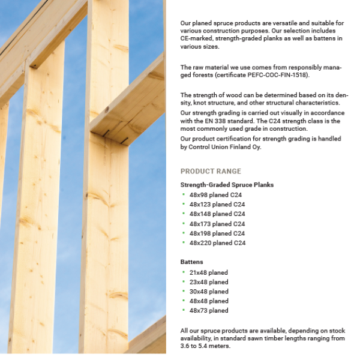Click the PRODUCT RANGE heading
pyautogui.click(x=211, y=171)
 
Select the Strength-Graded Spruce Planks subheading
pyautogui.click(x=227, y=185)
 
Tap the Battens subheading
pyautogui.click(x=192, y=262)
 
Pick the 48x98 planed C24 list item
pyautogui.click(x=217, y=194)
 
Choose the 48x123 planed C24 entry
pyautogui.click(x=217, y=204)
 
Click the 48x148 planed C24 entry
pyautogui.click(x=217, y=214)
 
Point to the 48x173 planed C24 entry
pyautogui.click(x=217, y=224)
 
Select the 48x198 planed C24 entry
pyautogui.click(x=217, y=233)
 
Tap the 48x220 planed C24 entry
pyautogui.click(x=217, y=243)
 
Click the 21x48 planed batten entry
pyautogui.click(x=209, y=272)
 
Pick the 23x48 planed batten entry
pyautogui.click(x=209, y=282)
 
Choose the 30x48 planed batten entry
pyautogui.click(x=209, y=292)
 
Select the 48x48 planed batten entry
pyautogui.click(x=209, y=301)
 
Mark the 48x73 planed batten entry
pyautogui.click(x=209, y=311)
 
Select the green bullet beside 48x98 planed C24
pyautogui.click(x=183, y=194)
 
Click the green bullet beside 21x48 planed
pyautogui.click(x=183, y=272)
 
